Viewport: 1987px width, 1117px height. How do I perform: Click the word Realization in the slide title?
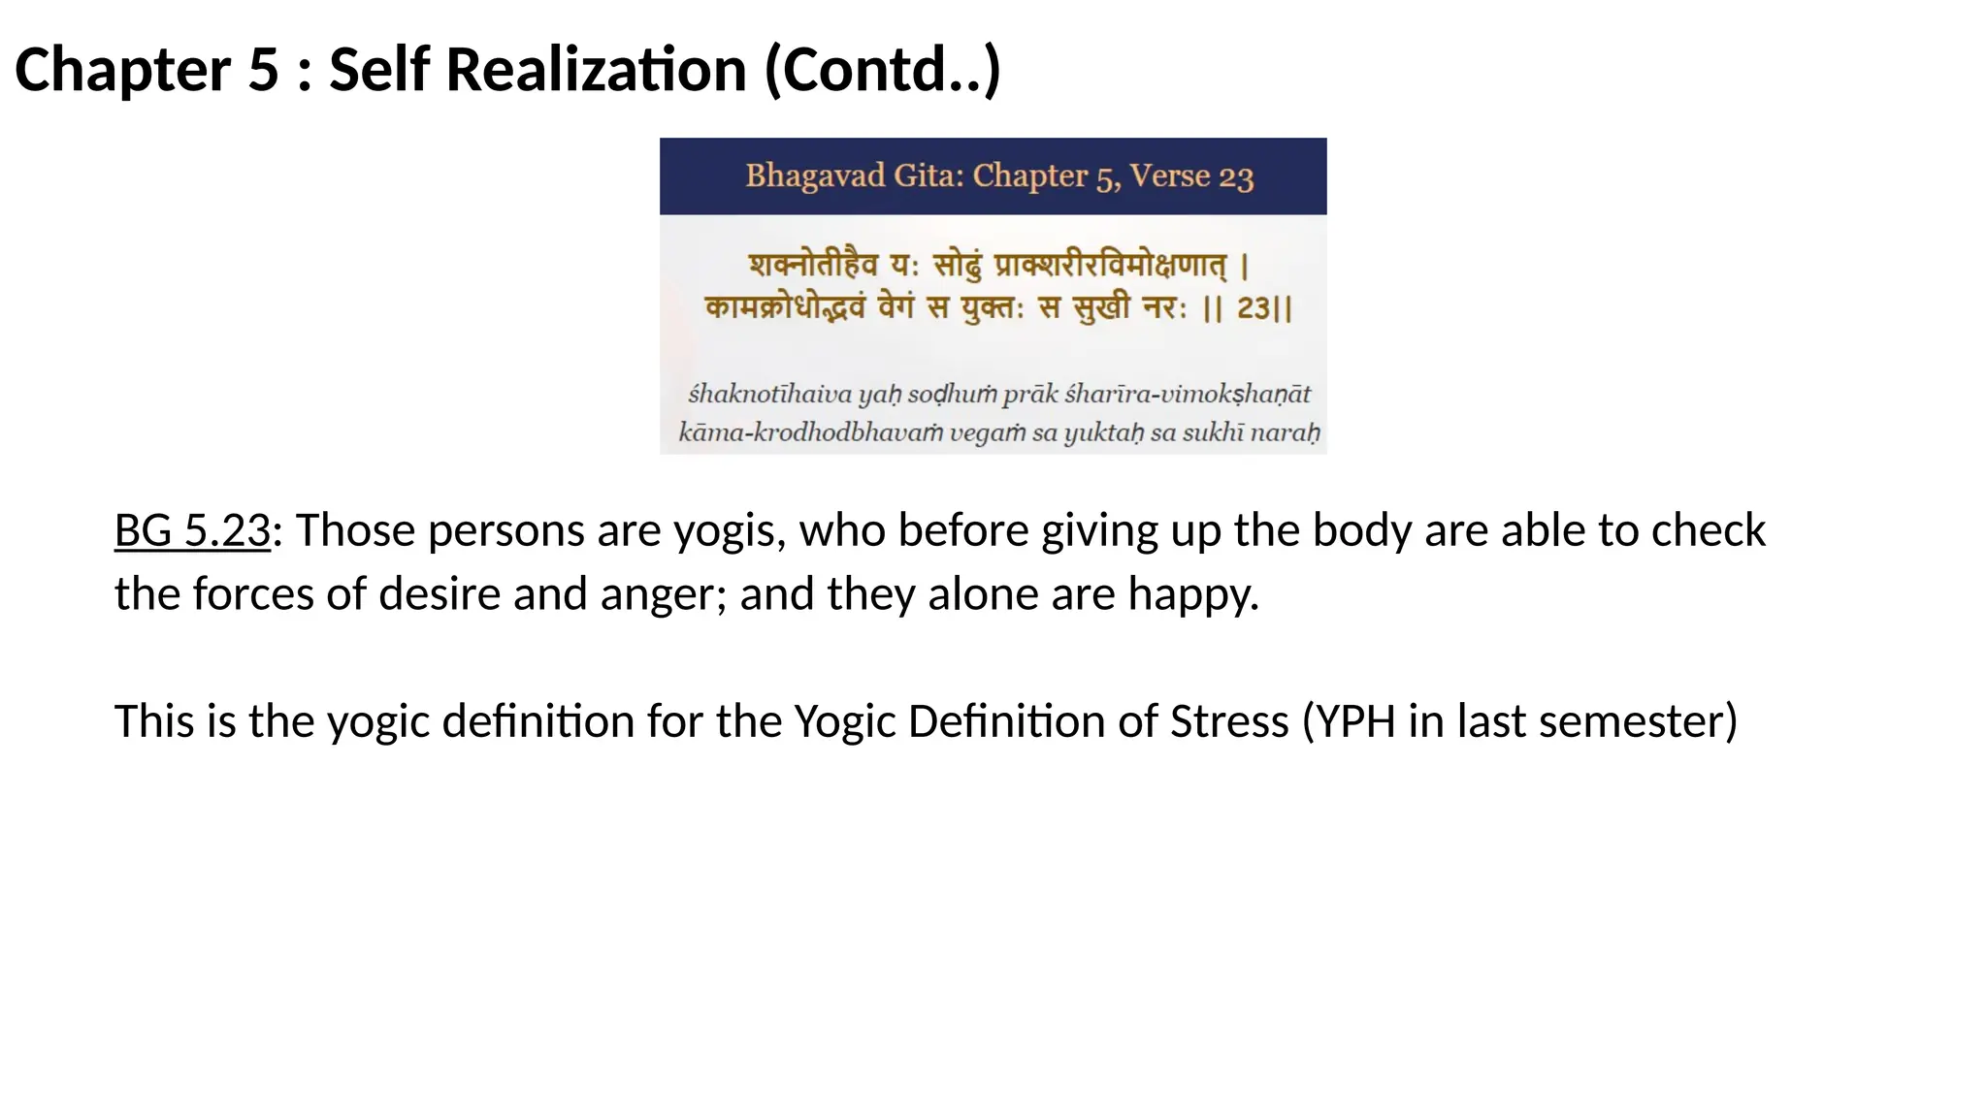click(596, 71)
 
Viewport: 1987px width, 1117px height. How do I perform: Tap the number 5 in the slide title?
click(263, 71)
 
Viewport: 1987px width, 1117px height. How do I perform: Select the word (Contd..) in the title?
click(883, 71)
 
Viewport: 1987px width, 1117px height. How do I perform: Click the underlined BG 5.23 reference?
click(192, 530)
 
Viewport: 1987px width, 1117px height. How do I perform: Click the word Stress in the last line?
click(1229, 721)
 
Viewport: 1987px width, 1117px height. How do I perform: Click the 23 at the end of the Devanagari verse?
click(1254, 308)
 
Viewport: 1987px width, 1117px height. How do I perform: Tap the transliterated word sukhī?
click(1212, 432)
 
